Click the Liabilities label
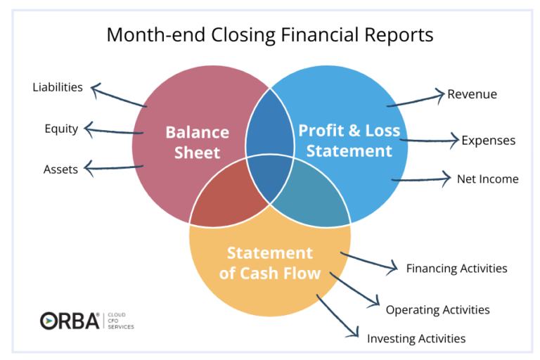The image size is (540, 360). (58, 87)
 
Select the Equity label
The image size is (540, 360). (61, 129)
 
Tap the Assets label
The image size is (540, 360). (60, 169)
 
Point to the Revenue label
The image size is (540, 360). (472, 94)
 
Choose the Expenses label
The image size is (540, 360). (489, 141)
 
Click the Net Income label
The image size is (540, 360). (488, 179)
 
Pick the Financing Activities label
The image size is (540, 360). (456, 269)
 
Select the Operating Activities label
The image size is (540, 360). (438, 309)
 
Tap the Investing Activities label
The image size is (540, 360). (416, 339)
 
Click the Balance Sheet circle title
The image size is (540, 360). (198, 142)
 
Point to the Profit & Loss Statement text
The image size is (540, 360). (349, 141)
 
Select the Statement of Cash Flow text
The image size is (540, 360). (270, 263)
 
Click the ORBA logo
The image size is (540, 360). (70, 321)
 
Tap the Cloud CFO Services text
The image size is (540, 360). (121, 321)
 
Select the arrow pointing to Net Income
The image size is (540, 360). (421, 179)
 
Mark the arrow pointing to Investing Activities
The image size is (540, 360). (337, 315)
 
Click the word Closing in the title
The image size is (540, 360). (243, 35)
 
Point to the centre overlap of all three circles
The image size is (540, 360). (270, 177)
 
